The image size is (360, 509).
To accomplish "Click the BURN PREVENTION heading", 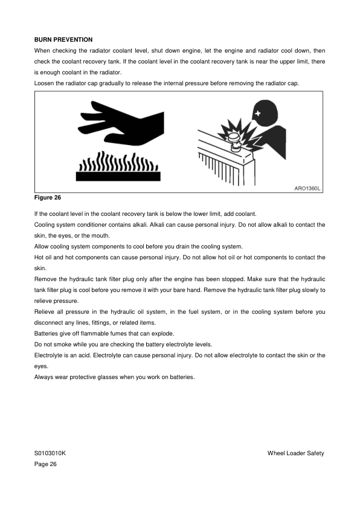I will [63, 39].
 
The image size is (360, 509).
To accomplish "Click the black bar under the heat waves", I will [118, 176].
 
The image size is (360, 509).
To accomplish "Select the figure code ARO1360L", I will [307, 189].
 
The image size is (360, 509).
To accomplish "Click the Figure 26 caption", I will [48, 198].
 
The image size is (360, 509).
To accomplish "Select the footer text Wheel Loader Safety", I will [296, 453].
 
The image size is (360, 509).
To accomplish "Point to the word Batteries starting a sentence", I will [47, 333].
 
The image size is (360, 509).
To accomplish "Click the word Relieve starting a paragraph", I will [45, 311].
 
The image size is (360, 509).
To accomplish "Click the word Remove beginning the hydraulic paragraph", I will [46, 279].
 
